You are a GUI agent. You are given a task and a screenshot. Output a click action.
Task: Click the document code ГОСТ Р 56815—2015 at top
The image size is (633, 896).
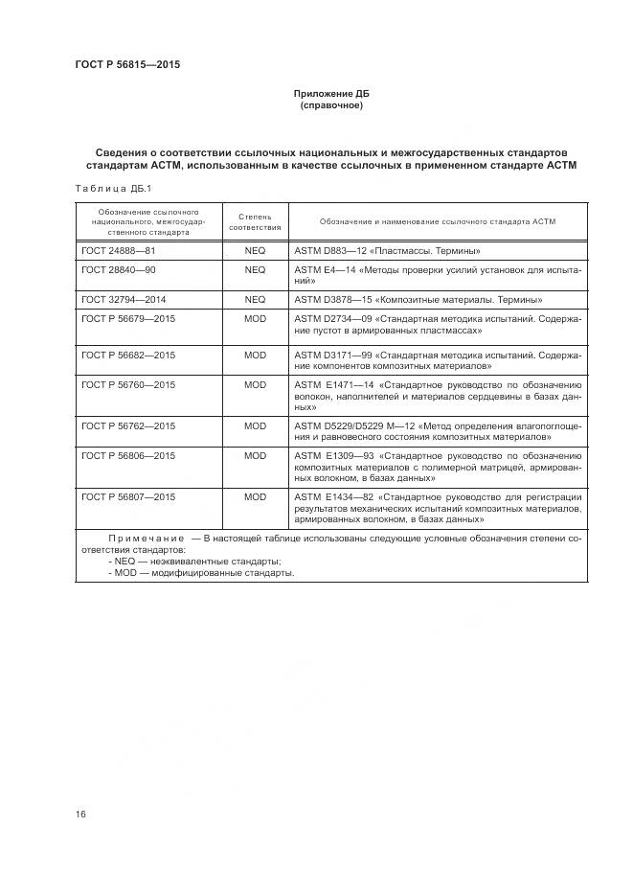coord(127,65)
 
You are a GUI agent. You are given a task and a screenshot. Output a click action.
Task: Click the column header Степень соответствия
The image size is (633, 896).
coord(255,221)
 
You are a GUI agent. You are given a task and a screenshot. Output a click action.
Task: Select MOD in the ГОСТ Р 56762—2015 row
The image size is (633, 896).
coord(255,425)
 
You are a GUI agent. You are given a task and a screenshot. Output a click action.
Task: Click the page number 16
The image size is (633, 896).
coord(80,815)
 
